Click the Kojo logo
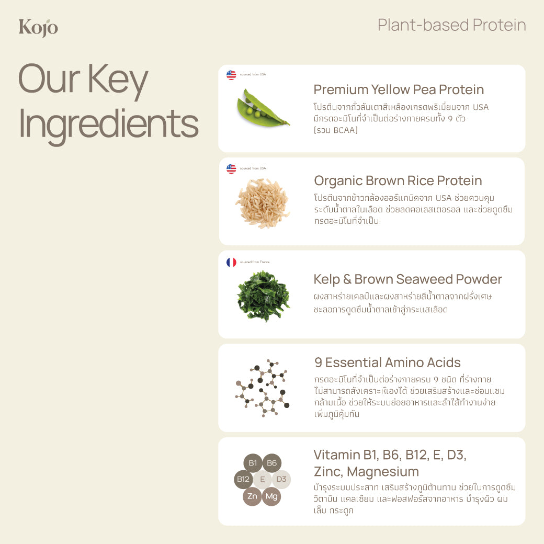(x=38, y=28)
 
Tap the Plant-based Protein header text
(x=451, y=25)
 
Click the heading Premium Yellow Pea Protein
(x=399, y=89)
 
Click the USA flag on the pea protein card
(x=231, y=75)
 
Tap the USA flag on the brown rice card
(x=231, y=168)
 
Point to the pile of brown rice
(x=262, y=203)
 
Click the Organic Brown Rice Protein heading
(x=398, y=181)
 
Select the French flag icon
(x=231, y=262)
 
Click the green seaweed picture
(x=263, y=296)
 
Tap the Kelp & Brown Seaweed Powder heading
(x=407, y=279)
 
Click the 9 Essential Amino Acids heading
(x=388, y=362)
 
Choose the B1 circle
(x=253, y=463)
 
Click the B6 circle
(x=272, y=463)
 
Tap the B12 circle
(x=243, y=479)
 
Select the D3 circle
(x=281, y=479)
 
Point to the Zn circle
(x=253, y=496)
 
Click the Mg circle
(x=271, y=496)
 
